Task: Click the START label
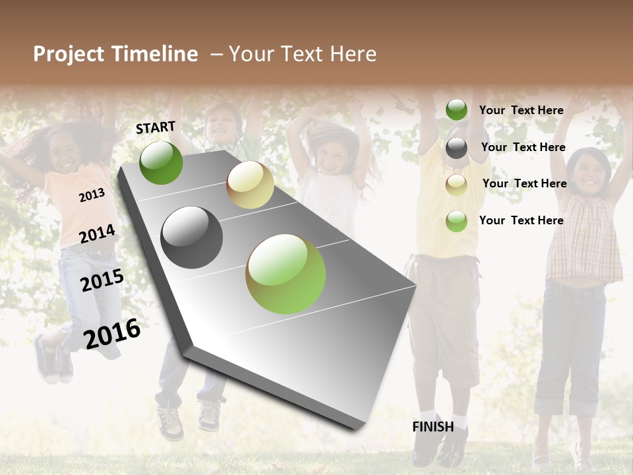156,127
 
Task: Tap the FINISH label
433,427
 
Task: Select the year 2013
92,195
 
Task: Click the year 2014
97,234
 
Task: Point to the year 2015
102,280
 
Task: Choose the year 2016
112,334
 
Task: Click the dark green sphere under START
161,162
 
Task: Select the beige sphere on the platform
250,185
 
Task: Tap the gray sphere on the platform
191,237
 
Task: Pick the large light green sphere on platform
286,274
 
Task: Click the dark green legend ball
456,110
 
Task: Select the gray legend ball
456,148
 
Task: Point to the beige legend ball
456,185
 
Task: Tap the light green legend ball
456,221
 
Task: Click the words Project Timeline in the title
115,54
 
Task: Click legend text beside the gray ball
523,147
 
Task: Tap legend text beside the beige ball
524,183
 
